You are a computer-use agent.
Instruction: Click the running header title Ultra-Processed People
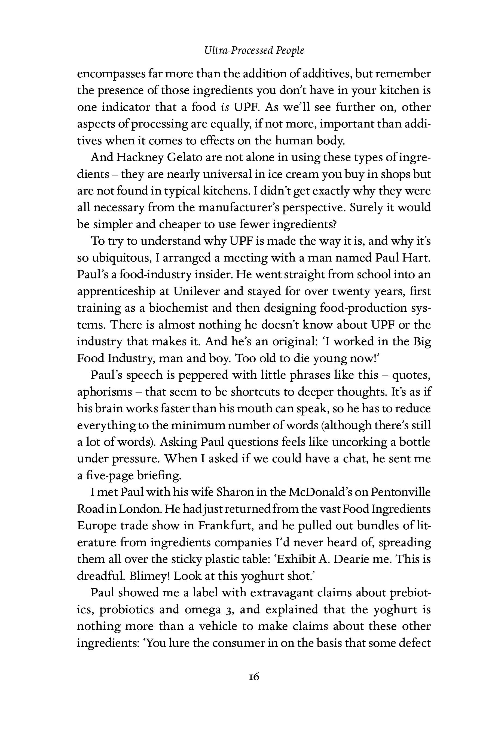pyautogui.click(x=254, y=51)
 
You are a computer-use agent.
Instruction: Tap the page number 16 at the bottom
pyautogui.click(x=254, y=677)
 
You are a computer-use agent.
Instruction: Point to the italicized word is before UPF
pyautogui.click(x=225, y=107)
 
